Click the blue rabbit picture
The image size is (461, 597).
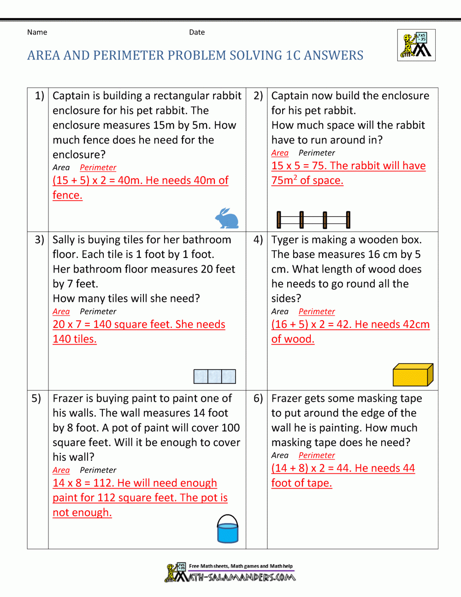[x=227, y=218]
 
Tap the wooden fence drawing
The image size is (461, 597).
[x=313, y=220]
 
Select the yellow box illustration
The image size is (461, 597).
[x=413, y=374]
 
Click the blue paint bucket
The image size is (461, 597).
[x=228, y=529]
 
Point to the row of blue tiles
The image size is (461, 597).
[x=214, y=376]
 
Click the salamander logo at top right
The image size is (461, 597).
[x=416, y=45]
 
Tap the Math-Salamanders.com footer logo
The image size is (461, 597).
[x=230, y=573]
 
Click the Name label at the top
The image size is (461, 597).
[x=37, y=32]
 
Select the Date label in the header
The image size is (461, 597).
[x=197, y=32]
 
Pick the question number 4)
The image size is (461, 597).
[x=258, y=240]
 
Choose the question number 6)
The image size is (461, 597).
[x=258, y=399]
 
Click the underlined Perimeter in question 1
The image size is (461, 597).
[x=98, y=167]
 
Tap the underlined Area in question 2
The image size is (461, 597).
[x=280, y=153]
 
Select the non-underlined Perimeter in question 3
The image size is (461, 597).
[x=98, y=311]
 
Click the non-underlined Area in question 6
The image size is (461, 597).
[x=280, y=455]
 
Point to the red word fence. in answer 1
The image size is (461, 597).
[x=67, y=195]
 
